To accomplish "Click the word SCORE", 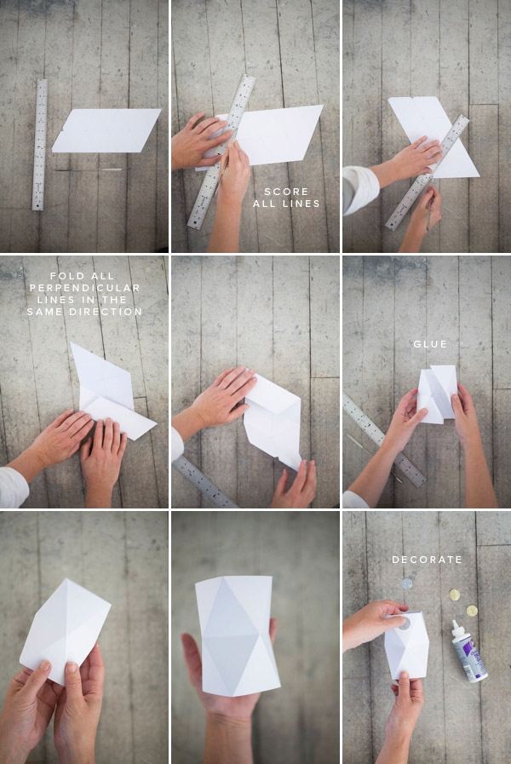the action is [286, 192].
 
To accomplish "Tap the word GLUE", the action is [430, 344].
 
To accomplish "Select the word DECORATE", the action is [427, 560].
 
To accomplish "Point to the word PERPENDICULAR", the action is [85, 288].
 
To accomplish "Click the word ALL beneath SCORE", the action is [264, 204].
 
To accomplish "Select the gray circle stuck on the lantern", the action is [404, 623].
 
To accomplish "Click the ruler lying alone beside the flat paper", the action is [40, 145].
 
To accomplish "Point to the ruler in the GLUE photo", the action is [384, 440].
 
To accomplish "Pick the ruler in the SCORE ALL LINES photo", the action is [221, 152].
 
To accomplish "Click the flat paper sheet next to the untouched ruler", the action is [106, 130].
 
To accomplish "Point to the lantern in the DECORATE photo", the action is [407, 645].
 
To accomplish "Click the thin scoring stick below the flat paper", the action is [89, 169].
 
